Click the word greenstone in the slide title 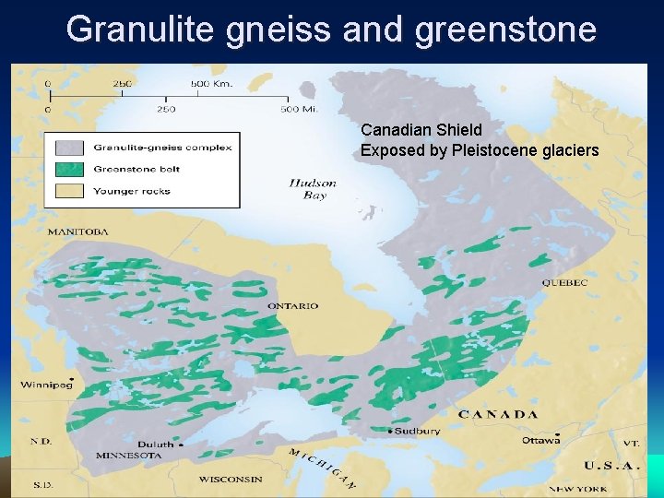point(506,30)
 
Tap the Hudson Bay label point(313,188)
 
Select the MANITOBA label point(78,231)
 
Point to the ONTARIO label point(293,305)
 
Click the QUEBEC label point(564,282)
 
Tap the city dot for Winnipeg point(72,380)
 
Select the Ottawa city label point(540,440)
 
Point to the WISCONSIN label point(231,479)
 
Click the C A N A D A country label point(498,414)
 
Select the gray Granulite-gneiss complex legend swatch point(68,148)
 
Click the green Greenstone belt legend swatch point(68,169)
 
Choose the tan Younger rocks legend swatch point(68,191)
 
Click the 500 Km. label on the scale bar point(212,84)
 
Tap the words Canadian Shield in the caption point(421,130)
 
